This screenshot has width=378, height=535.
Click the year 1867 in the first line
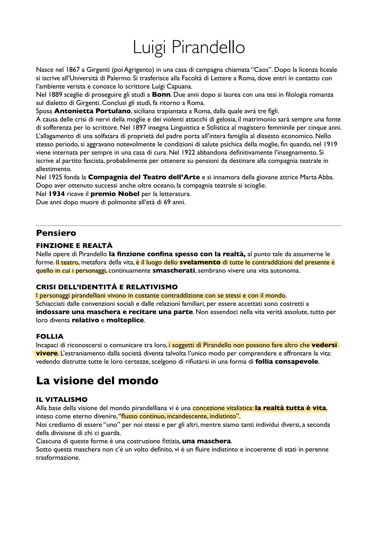point(73,70)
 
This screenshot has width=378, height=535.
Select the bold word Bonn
point(161,95)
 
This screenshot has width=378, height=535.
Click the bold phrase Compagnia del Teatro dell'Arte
point(144,177)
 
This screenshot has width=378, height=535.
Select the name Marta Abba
point(317,177)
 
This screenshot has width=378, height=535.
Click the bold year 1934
point(57,194)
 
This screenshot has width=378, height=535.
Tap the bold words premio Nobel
point(115,194)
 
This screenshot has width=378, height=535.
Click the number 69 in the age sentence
point(167,202)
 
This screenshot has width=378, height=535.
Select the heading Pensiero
point(56,233)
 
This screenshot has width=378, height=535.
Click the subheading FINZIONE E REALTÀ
point(74,246)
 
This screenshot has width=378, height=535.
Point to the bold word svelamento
point(200,262)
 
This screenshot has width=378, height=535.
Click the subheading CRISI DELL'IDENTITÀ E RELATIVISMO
point(107,287)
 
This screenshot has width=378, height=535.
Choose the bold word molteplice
point(125,320)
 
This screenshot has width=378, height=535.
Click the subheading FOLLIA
point(50,337)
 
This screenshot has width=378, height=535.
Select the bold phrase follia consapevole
point(287,362)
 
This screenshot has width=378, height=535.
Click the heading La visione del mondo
point(97,381)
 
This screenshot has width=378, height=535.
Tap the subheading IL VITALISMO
point(62,399)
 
